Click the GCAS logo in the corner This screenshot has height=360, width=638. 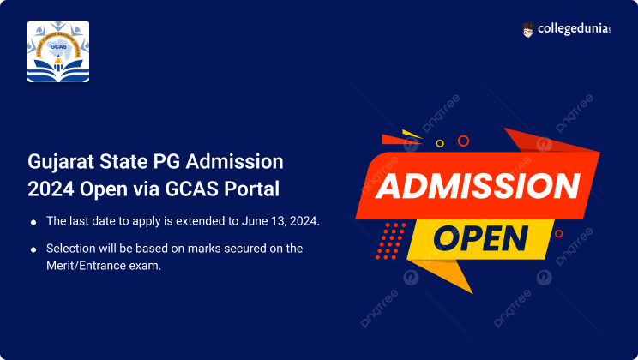(58, 51)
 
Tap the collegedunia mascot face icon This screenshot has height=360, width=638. (527, 29)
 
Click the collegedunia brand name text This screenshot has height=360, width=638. (574, 29)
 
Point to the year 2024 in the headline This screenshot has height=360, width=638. (51, 189)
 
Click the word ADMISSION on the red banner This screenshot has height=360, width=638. (478, 186)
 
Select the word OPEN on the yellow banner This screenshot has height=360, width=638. (481, 238)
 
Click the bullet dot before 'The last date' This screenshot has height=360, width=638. (33, 222)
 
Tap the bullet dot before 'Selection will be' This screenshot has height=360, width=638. (33, 249)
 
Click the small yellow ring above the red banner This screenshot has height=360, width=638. (440, 143)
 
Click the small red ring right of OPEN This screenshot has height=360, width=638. (558, 233)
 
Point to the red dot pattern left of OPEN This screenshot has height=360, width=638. (390, 241)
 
